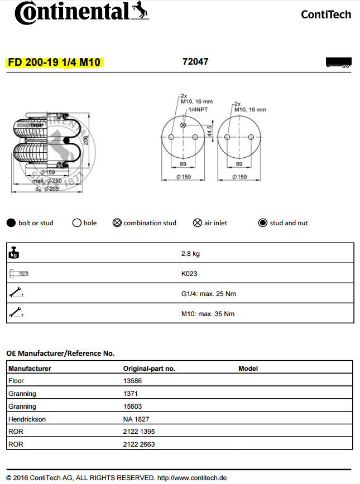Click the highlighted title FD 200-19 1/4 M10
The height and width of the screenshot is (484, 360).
click(x=54, y=62)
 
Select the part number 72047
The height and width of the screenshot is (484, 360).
click(x=195, y=61)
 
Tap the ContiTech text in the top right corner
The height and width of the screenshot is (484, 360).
click(x=326, y=14)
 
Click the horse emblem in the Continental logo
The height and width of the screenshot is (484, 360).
click(x=141, y=9)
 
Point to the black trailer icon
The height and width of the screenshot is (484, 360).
click(x=338, y=62)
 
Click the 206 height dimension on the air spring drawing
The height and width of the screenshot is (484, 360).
click(x=86, y=140)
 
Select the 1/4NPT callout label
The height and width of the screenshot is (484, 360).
click(x=198, y=110)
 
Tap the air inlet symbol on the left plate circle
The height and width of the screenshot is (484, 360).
click(x=183, y=125)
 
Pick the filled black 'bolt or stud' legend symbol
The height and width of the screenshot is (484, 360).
click(x=11, y=223)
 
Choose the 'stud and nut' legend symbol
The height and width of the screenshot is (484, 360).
click(x=263, y=223)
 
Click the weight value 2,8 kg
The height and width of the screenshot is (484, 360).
click(x=190, y=254)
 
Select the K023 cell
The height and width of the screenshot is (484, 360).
click(x=189, y=274)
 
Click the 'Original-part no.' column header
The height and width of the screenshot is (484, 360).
click(x=149, y=369)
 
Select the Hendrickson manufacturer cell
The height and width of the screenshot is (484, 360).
click(x=27, y=419)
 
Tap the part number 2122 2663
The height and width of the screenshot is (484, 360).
click(x=139, y=444)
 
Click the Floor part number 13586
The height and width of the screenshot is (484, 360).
click(x=132, y=381)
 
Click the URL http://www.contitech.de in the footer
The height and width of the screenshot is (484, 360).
click(x=192, y=478)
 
